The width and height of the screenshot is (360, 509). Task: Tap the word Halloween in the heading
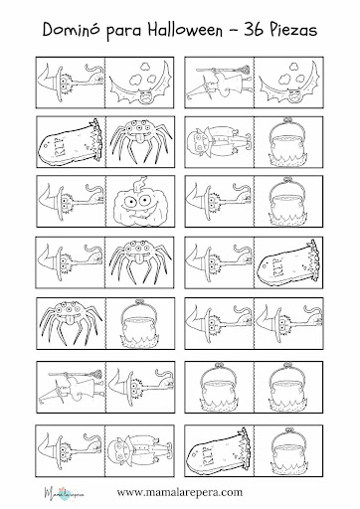(185, 30)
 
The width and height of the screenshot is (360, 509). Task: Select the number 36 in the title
(254, 30)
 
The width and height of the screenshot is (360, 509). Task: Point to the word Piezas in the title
(292, 30)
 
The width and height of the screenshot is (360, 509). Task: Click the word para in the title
(124, 32)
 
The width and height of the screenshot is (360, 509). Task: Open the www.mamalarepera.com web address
(179, 492)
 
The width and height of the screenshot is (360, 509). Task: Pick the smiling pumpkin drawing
(138, 202)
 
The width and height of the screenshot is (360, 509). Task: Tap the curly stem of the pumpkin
(141, 183)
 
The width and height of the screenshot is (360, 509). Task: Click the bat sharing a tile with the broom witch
(287, 83)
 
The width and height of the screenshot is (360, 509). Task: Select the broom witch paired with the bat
(220, 83)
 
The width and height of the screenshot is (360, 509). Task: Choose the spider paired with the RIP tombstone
(140, 140)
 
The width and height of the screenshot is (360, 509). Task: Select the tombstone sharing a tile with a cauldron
(218, 450)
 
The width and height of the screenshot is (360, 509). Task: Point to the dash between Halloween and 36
(233, 31)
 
